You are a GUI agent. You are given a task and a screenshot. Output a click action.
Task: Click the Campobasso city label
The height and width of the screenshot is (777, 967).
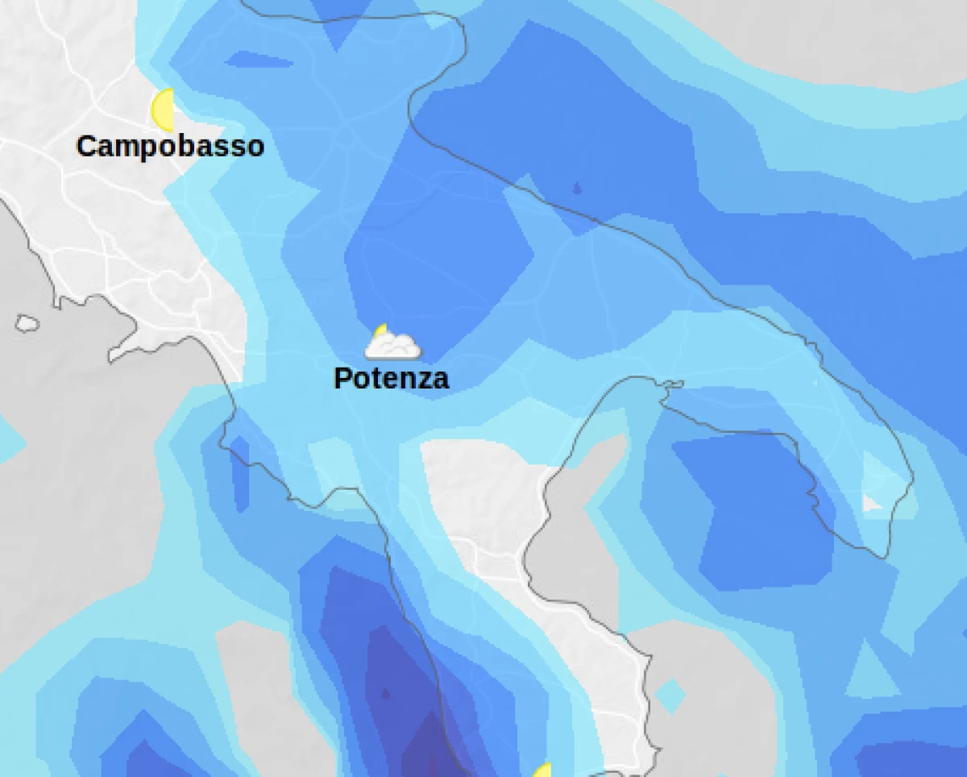point(170,147)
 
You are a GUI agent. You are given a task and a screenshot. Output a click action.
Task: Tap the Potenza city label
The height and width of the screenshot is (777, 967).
point(391,378)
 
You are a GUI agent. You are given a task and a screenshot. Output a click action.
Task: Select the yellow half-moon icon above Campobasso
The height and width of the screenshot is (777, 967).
point(164,110)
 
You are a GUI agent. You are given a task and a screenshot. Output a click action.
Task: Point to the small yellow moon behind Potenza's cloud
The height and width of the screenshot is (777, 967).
point(381,330)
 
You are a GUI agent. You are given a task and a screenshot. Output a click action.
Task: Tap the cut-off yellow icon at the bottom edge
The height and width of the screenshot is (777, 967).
point(543,771)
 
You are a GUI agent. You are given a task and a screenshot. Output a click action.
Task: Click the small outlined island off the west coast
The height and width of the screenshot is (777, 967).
point(27,323)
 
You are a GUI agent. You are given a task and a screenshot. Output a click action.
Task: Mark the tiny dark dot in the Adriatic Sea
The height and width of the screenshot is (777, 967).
point(577,189)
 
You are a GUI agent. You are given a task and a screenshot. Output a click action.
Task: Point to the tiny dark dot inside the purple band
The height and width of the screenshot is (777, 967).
point(385,693)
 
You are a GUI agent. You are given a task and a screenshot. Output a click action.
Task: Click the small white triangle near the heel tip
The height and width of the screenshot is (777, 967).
point(870,503)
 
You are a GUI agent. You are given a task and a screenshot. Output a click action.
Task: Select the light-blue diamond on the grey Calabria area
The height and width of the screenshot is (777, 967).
point(670,695)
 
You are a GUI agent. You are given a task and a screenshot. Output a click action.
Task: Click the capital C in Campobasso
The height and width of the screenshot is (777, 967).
point(86,147)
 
